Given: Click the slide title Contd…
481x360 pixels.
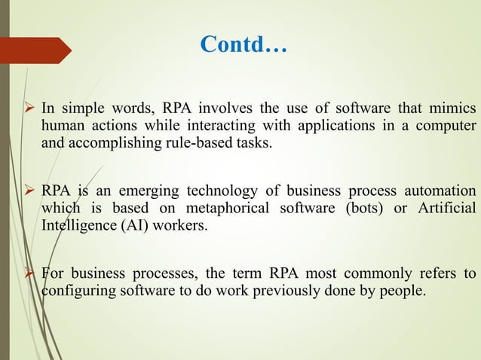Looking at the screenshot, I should point(244,44).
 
